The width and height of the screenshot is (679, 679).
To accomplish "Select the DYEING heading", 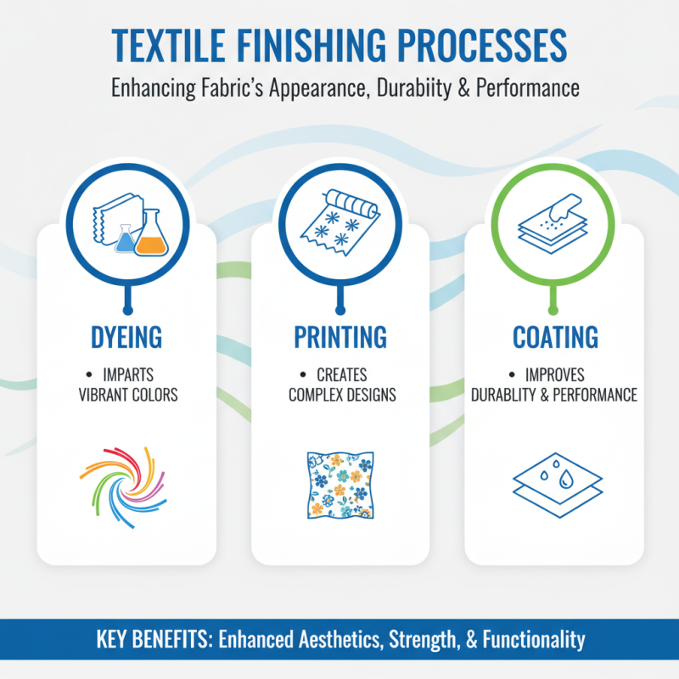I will [x=126, y=337].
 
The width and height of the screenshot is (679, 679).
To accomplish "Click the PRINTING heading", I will [x=339, y=337].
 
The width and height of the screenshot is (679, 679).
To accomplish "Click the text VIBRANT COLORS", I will [x=126, y=395].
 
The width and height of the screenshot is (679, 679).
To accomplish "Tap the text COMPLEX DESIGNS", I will [x=341, y=395].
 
